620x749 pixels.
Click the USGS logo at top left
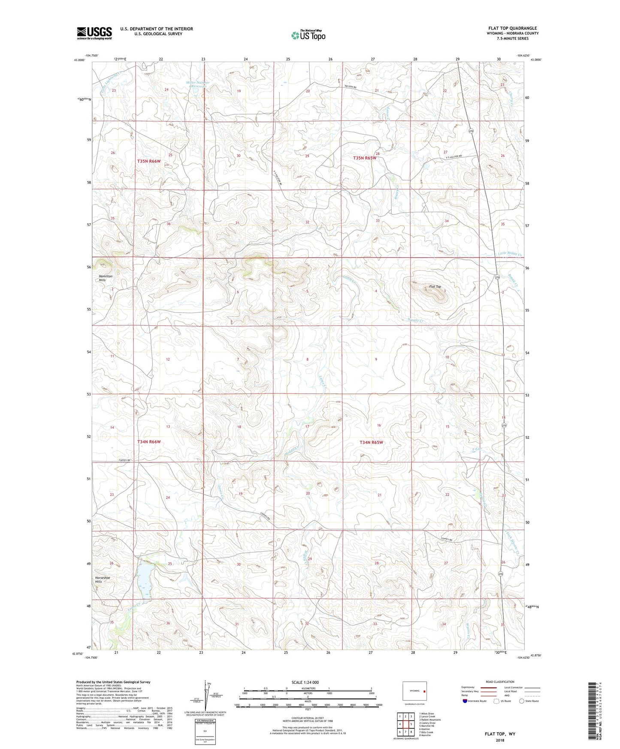[x=94, y=33]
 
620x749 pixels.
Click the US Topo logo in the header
[x=308, y=35]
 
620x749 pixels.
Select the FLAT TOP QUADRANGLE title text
[x=512, y=28]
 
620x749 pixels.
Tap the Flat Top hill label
[x=435, y=287]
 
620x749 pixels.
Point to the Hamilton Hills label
[x=106, y=278]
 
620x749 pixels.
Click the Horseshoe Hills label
[x=103, y=580]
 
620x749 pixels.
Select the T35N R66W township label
[x=149, y=161]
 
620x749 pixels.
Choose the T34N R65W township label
[x=371, y=442]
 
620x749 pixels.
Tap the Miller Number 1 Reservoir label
[x=198, y=85]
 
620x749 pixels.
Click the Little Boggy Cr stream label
[x=510, y=254]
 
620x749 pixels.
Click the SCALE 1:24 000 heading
[x=305, y=682]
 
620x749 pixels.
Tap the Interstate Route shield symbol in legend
[x=465, y=701]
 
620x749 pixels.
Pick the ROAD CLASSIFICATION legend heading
[x=500, y=682]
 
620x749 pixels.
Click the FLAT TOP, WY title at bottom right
[x=500, y=734]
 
